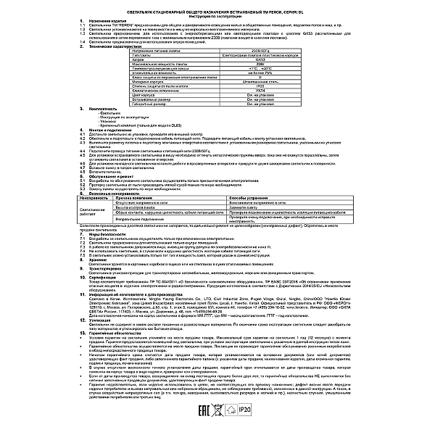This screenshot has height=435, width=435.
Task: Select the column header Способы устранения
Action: [x=251, y=198]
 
